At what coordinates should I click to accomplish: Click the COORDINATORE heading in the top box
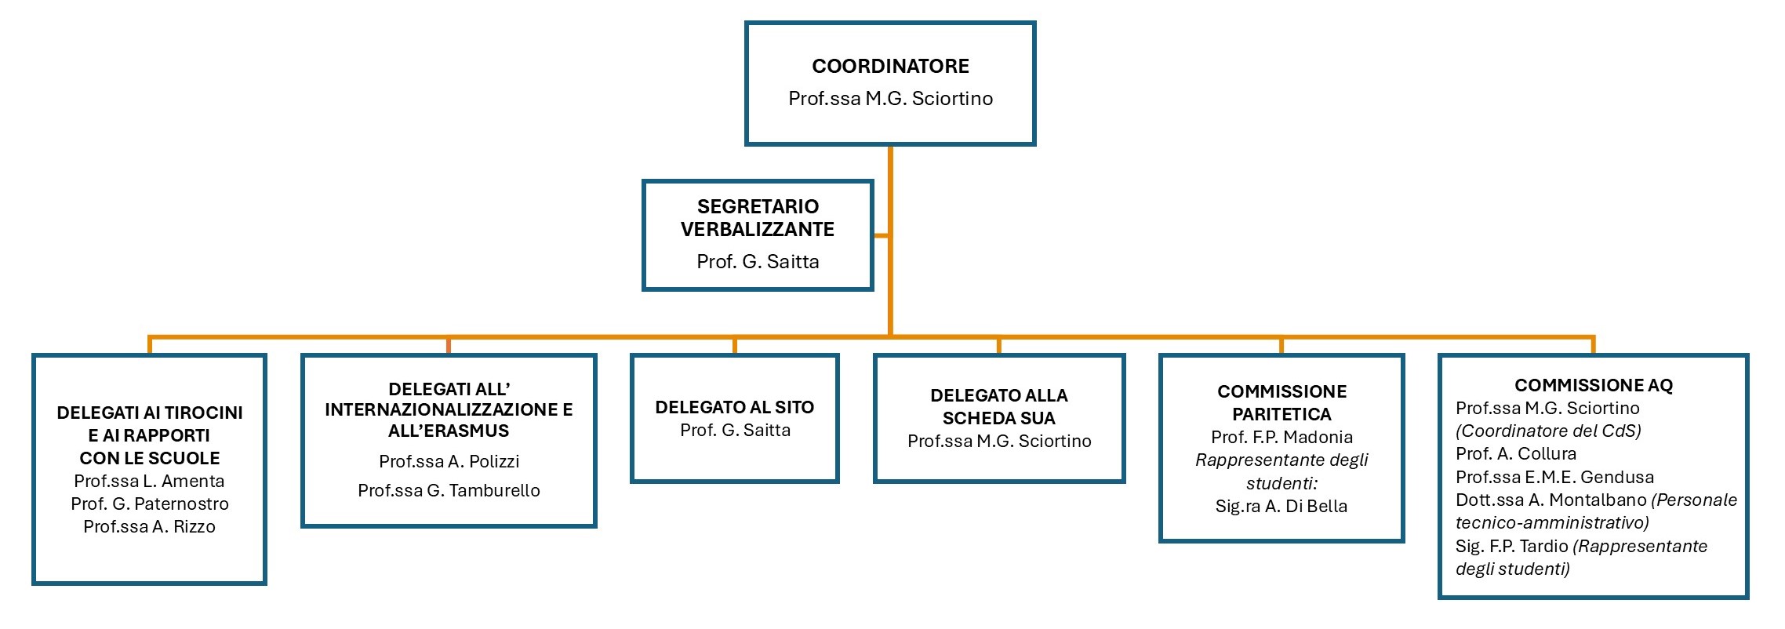pyautogui.click(x=890, y=66)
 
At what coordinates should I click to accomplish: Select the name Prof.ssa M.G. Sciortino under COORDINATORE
pyautogui.click(x=890, y=99)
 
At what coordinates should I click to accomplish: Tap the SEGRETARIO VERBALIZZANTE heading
pyautogui.click(x=757, y=218)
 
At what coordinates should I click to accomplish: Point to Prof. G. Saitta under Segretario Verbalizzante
pyautogui.click(x=757, y=262)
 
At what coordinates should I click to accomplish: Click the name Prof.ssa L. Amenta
pyautogui.click(x=149, y=481)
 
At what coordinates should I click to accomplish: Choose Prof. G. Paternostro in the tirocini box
pyautogui.click(x=149, y=504)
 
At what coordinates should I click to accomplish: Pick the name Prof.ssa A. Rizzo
pyautogui.click(x=149, y=526)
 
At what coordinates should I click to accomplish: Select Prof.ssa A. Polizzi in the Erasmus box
pyautogui.click(x=449, y=461)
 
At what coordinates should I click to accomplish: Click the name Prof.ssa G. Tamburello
pyautogui.click(x=449, y=490)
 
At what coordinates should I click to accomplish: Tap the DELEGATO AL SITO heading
pyautogui.click(x=734, y=407)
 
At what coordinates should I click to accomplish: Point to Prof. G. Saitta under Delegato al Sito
pyautogui.click(x=734, y=430)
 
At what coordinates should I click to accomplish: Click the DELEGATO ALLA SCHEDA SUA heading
pyautogui.click(x=998, y=406)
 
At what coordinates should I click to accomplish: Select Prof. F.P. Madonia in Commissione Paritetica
pyautogui.click(x=1281, y=437)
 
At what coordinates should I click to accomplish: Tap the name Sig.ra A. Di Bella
pyautogui.click(x=1281, y=506)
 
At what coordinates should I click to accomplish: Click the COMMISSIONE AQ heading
pyautogui.click(x=1593, y=385)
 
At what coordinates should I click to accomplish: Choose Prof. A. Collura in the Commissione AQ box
pyautogui.click(x=1515, y=453)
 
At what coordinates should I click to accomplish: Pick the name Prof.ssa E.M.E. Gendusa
pyautogui.click(x=1554, y=477)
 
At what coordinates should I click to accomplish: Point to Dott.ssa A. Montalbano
pyautogui.click(x=1551, y=500)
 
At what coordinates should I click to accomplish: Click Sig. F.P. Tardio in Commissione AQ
pyautogui.click(x=1511, y=546)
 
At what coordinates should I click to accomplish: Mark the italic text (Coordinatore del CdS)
pyautogui.click(x=1548, y=431)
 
